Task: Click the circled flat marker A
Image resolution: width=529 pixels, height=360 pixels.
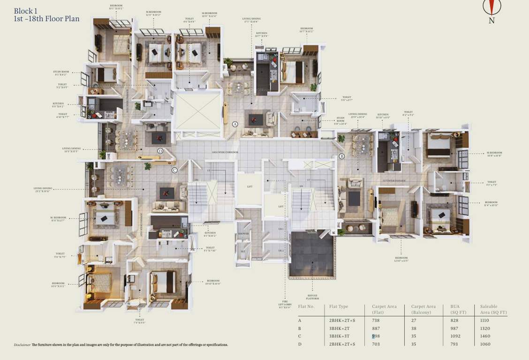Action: [235, 124]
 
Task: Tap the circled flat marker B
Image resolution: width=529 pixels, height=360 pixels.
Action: [341, 156]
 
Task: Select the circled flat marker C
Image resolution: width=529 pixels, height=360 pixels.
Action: [174, 170]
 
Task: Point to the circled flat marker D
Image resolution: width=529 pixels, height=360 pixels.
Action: [160, 151]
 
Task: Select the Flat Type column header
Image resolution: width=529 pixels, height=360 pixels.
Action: [339, 307]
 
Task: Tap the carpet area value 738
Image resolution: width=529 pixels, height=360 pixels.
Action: [376, 320]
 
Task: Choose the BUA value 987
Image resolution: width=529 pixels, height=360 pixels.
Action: [455, 328]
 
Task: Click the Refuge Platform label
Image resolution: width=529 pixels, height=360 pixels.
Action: [313, 297]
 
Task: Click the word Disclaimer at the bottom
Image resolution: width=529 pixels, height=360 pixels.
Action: [22, 345]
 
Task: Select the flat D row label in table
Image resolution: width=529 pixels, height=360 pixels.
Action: [300, 344]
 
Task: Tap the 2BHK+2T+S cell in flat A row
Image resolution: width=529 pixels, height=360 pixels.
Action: [341, 320]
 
